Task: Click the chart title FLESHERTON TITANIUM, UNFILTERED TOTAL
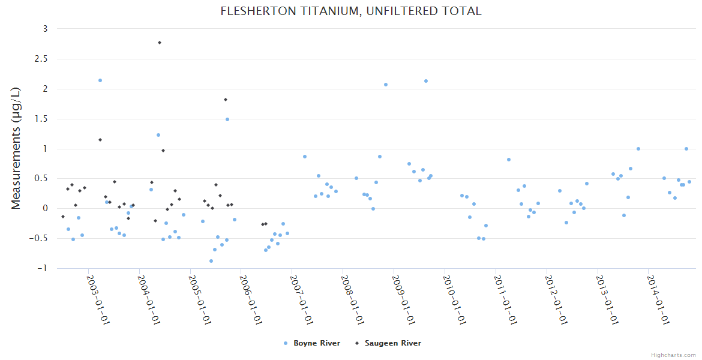[351, 11]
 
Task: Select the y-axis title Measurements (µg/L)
[16, 148]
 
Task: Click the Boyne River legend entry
[312, 343]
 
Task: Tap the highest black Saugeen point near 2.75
[160, 43]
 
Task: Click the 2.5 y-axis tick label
[41, 59]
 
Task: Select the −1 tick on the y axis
[42, 268]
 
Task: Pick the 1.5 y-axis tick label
[41, 119]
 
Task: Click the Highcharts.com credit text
[673, 355]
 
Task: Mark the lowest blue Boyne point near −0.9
[211, 261]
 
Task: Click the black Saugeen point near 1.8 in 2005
[226, 100]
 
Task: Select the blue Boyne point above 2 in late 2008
[386, 85]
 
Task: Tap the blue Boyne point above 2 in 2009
[426, 81]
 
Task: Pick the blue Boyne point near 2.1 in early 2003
[100, 80]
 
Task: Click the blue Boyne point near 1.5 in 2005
[227, 119]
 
